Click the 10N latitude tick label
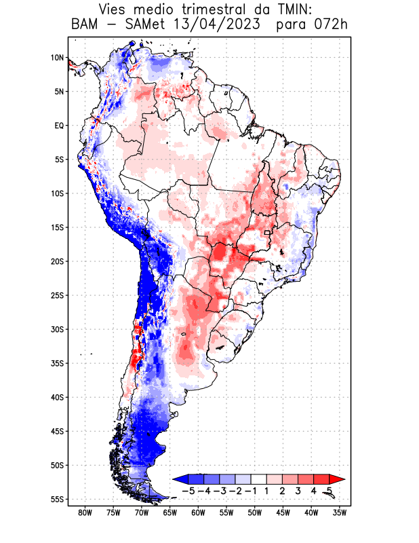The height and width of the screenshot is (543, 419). [x=57, y=58]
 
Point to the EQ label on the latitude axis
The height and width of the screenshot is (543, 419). [x=58, y=126]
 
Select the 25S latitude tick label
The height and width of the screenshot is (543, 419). [x=57, y=295]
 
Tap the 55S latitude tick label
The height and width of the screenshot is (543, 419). [x=57, y=500]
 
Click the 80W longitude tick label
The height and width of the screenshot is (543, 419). [x=85, y=512]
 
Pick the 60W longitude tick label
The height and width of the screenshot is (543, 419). [x=198, y=512]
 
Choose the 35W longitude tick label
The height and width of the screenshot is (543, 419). [x=340, y=512]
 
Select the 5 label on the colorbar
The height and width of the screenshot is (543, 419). [x=330, y=490]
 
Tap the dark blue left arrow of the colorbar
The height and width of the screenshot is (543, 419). [x=179, y=479]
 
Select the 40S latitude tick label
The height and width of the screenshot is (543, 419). [x=57, y=397]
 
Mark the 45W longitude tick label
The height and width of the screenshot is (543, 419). [x=283, y=512]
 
